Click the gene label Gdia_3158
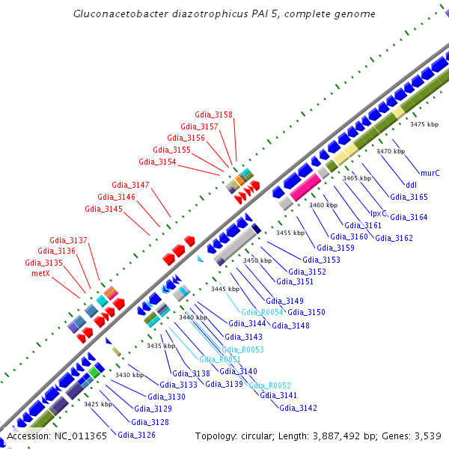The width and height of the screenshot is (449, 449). (x=213, y=114)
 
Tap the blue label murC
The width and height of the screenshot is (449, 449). (x=430, y=173)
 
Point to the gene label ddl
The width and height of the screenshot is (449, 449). (x=411, y=185)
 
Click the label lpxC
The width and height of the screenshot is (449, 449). (x=379, y=213)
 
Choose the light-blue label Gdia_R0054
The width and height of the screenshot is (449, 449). (x=261, y=311)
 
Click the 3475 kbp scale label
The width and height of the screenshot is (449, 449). (x=423, y=124)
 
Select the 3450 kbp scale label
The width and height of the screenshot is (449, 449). (x=257, y=260)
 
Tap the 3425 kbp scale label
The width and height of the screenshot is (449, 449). (x=98, y=404)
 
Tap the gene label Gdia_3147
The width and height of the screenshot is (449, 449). (x=130, y=185)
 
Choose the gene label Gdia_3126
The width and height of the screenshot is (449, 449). (x=136, y=435)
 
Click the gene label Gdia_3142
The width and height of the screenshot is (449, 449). (x=298, y=408)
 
